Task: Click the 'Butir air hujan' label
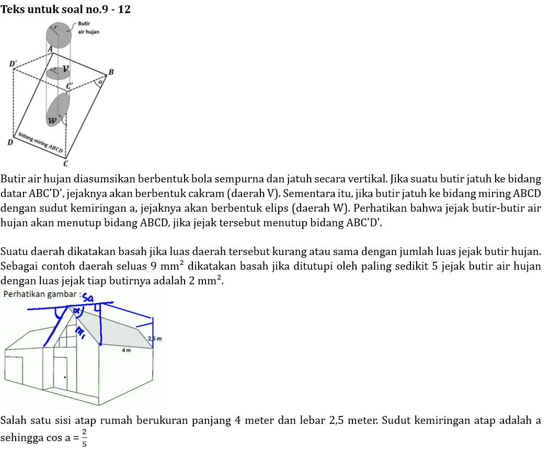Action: (88, 28)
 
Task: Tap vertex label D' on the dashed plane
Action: (13, 64)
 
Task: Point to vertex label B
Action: (111, 72)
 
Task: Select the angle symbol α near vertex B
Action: (100, 82)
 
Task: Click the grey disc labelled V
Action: (58, 73)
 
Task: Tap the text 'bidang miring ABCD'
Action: (41, 142)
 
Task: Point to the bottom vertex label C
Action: (66, 164)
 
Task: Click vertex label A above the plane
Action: (50, 49)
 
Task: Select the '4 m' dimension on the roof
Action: (125, 350)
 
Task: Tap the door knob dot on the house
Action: (65, 376)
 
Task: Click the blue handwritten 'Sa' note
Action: (89, 298)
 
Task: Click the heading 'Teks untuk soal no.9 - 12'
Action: (66, 9)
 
